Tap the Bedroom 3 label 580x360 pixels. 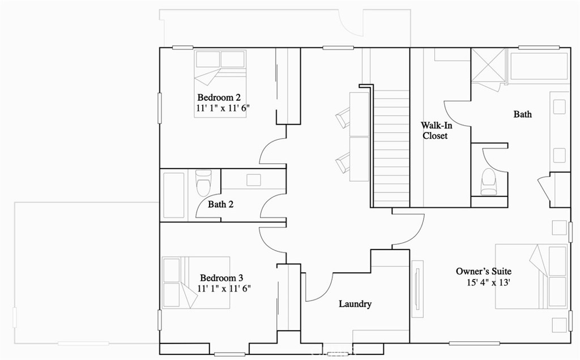pyautogui.click(x=221, y=278)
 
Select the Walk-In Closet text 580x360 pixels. pyautogui.click(x=435, y=130)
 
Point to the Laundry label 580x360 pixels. pyautogui.click(x=355, y=304)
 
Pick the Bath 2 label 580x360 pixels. pyautogui.click(x=220, y=204)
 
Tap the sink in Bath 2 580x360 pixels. pyautogui.click(x=253, y=180)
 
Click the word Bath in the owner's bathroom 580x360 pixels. pyautogui.click(x=522, y=114)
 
